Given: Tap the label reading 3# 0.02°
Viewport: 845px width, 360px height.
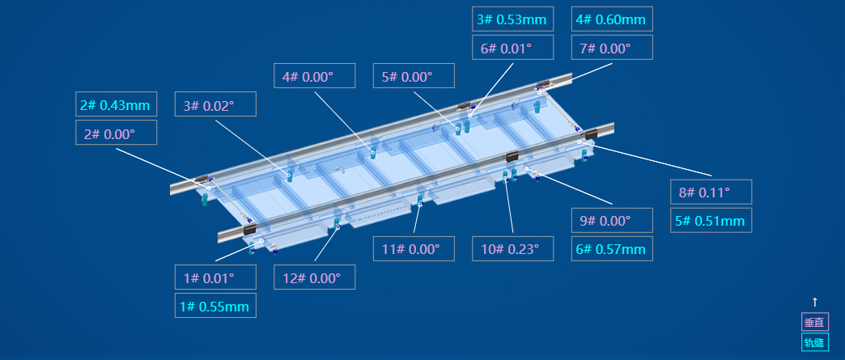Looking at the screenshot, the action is pyautogui.click(x=215, y=104).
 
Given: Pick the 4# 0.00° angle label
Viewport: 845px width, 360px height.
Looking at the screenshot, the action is pyautogui.click(x=315, y=75).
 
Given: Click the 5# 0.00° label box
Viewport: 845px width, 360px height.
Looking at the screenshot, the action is pyautogui.click(x=414, y=75).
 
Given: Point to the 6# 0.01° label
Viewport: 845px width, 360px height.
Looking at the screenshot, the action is pyautogui.click(x=513, y=48).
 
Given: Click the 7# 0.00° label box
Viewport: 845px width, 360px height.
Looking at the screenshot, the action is pyautogui.click(x=612, y=48).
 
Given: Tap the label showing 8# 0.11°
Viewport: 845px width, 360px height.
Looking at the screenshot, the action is pyautogui.click(x=711, y=192).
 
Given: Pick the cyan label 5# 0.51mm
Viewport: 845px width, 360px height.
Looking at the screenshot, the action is pyautogui.click(x=711, y=220).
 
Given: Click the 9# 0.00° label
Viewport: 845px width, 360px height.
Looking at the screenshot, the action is pyautogui.click(x=612, y=220).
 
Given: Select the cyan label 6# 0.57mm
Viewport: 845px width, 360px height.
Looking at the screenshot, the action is pyautogui.click(x=612, y=249).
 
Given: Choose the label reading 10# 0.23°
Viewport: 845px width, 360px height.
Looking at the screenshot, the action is pyautogui.click(x=513, y=249).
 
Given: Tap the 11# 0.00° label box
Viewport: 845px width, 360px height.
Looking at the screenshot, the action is pyautogui.click(x=414, y=249).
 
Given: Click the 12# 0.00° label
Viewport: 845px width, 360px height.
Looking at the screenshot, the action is pyautogui.click(x=315, y=277).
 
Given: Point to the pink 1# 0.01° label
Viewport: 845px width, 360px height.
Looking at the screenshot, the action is pyautogui.click(x=215, y=277).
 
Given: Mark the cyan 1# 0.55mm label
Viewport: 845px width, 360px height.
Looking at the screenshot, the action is pyautogui.click(x=215, y=306).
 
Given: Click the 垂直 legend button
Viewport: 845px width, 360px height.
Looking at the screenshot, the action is pyautogui.click(x=815, y=322).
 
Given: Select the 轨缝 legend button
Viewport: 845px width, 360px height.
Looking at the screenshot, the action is pyautogui.click(x=815, y=341).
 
